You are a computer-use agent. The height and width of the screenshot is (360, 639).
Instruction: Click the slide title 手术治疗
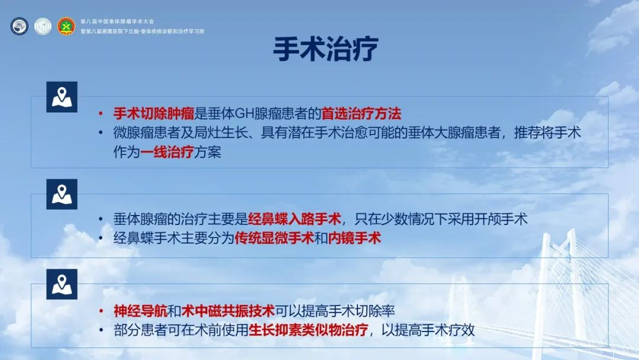click(x=325, y=49)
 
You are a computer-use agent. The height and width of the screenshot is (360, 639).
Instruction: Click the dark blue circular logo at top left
click(x=19, y=26)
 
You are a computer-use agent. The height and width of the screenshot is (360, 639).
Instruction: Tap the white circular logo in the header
click(x=43, y=26)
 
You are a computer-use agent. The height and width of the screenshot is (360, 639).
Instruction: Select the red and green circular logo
click(x=66, y=26)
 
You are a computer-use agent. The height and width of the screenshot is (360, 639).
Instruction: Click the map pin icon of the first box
click(x=62, y=97)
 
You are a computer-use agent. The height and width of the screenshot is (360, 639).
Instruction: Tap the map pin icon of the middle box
click(x=62, y=194)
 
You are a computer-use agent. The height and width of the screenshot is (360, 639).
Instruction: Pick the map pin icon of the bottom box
click(x=62, y=284)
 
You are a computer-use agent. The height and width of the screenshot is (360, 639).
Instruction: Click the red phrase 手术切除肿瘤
click(x=154, y=113)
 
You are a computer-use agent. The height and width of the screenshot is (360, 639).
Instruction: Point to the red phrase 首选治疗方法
click(x=362, y=113)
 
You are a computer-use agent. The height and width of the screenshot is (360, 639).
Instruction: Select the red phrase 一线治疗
click(x=167, y=152)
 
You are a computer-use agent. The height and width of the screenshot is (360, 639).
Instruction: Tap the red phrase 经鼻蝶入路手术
click(x=295, y=219)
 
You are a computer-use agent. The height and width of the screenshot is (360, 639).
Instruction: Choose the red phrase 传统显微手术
click(x=275, y=238)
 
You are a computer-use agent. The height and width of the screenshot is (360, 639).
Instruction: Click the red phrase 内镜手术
click(x=354, y=238)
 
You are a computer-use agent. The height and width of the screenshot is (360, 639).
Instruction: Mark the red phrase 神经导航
click(x=140, y=311)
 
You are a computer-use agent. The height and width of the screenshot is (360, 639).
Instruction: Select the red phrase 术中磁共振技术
click(x=228, y=311)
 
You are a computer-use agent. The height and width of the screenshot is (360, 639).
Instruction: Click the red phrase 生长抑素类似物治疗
click(x=308, y=330)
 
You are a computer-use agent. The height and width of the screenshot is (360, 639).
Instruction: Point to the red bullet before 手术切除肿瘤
click(x=101, y=114)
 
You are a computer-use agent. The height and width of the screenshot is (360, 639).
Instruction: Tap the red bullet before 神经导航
click(x=101, y=311)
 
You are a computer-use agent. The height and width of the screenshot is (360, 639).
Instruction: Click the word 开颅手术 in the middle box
click(x=501, y=219)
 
